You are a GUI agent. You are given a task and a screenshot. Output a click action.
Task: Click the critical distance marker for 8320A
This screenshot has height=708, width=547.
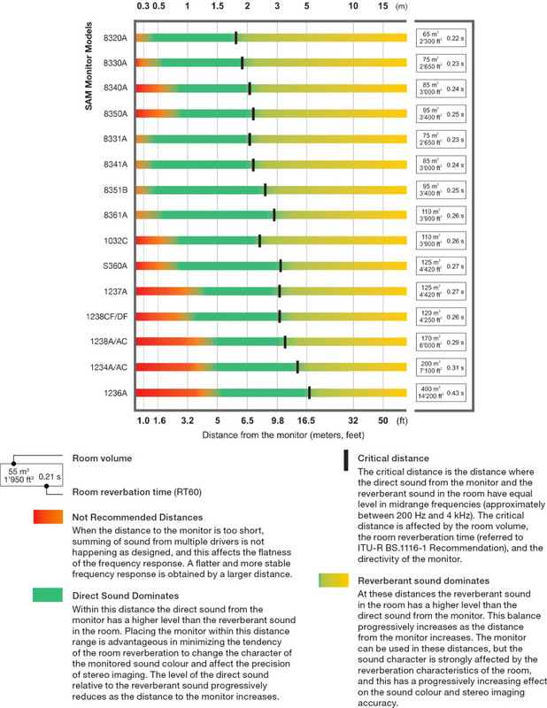[235, 37]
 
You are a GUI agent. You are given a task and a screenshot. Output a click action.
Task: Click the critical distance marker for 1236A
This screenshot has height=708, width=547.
[309, 393]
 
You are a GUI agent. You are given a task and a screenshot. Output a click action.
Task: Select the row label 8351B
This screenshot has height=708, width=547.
[117, 189]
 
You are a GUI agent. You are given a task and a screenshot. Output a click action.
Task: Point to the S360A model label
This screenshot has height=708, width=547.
[117, 265]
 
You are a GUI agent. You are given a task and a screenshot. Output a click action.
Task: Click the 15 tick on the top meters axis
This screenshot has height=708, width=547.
[383, 5]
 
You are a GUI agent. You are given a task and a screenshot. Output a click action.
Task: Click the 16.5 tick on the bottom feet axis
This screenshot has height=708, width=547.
[306, 422]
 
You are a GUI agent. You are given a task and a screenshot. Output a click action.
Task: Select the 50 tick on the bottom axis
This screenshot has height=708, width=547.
[383, 422]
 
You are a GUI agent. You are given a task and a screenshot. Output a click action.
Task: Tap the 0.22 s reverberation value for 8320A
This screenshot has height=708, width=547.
[456, 38]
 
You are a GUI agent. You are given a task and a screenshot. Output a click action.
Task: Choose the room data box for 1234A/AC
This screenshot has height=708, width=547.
[441, 367]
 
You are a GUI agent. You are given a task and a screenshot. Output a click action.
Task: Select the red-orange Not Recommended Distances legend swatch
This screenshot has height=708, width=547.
[48, 516]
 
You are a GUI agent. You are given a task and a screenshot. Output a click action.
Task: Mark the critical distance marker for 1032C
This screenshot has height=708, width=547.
[259, 241]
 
